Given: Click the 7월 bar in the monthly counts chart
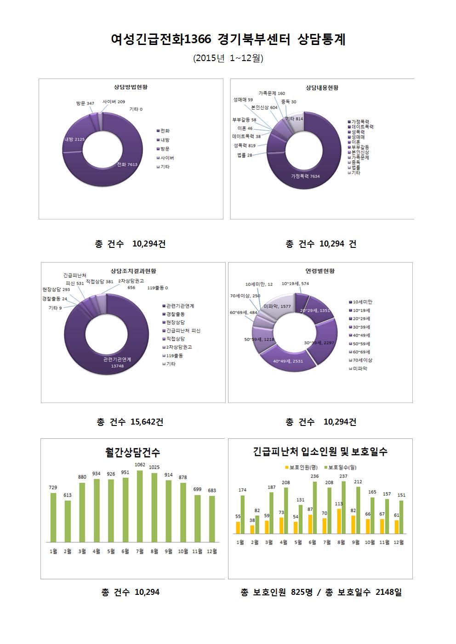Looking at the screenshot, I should tap(140, 506).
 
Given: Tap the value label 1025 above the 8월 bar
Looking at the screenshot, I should tap(154, 467).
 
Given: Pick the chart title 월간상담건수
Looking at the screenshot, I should tap(132, 453).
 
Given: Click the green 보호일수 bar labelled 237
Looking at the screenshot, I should tap(344, 507).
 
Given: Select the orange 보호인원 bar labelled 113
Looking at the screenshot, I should tap(339, 521).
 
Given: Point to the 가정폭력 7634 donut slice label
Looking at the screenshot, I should tap(305, 176).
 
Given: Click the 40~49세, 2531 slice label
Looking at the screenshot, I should tap(288, 361).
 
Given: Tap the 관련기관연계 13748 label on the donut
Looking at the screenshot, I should tap(117, 362).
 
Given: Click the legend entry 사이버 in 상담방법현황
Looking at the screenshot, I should tap(167, 158).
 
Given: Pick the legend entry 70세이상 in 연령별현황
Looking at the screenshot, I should tap(362, 360).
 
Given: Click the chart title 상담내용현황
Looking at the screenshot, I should tap(322, 88).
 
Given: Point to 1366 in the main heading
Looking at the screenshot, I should tap(198, 40).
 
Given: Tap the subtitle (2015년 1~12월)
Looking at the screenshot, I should tap(228, 58).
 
